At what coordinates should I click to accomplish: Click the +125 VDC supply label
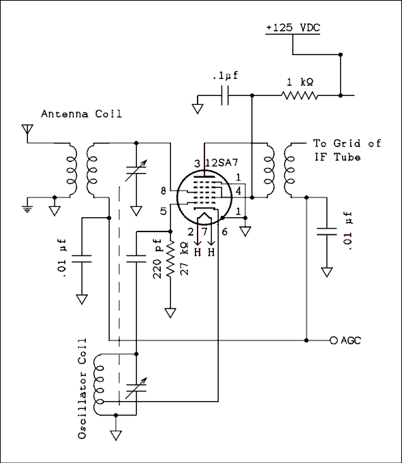click(x=292, y=28)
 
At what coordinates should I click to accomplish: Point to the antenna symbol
click(x=27, y=129)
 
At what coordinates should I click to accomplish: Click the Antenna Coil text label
click(x=81, y=114)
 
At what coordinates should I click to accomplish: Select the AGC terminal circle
click(x=333, y=340)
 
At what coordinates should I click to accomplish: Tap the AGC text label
click(x=350, y=340)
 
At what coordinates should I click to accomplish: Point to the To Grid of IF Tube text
click(x=346, y=150)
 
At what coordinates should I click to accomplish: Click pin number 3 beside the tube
click(x=197, y=163)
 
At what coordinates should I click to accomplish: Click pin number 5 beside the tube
click(x=164, y=212)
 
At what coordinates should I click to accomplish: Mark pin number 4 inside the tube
click(x=238, y=191)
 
